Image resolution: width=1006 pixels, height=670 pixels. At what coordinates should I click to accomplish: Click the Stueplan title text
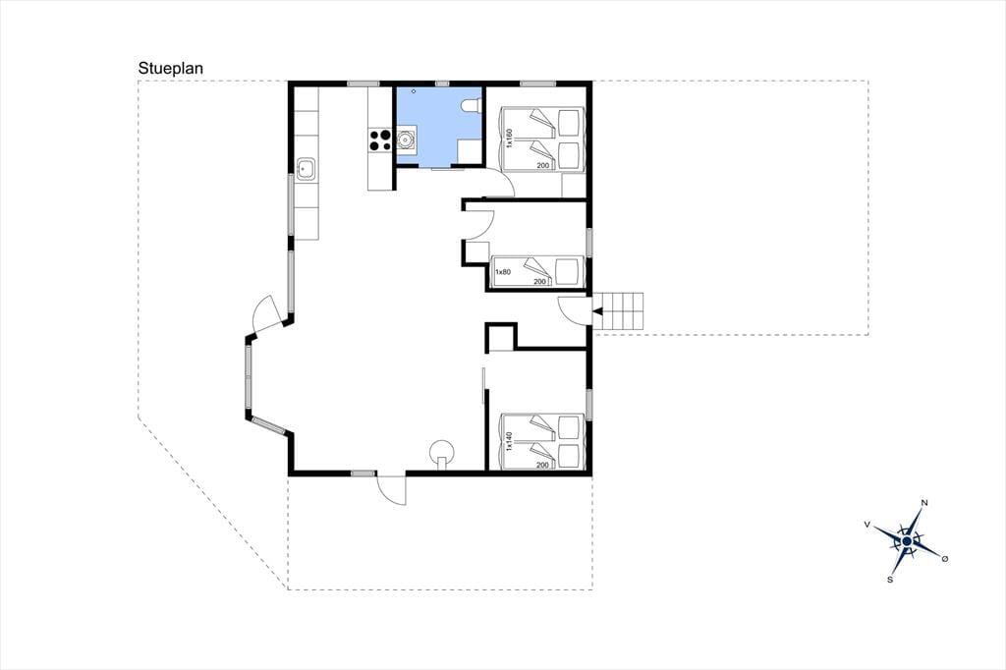click(171, 69)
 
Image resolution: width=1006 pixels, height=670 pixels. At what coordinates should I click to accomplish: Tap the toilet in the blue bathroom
click(472, 106)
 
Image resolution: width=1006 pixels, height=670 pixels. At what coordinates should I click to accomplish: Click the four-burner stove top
click(380, 140)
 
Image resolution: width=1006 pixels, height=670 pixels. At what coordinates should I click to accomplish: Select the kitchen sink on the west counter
click(307, 169)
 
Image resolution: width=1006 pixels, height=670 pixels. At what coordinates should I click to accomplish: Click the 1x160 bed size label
click(510, 139)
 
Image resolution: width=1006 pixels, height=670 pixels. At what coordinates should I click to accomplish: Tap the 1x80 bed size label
click(502, 272)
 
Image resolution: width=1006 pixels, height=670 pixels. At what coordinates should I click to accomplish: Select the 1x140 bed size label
click(510, 441)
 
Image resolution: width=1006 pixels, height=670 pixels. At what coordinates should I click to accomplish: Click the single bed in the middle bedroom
click(537, 271)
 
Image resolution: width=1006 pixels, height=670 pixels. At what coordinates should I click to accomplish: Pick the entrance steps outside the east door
click(617, 311)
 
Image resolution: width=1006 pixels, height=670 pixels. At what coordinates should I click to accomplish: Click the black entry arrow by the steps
click(597, 311)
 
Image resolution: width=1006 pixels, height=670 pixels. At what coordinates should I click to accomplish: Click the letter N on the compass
click(924, 503)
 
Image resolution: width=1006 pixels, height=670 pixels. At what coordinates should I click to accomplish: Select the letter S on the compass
click(890, 580)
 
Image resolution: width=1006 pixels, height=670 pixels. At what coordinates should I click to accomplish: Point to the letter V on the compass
click(867, 525)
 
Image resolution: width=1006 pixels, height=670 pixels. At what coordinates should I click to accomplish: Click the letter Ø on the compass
click(944, 559)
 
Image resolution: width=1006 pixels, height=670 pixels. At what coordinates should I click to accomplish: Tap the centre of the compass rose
click(907, 541)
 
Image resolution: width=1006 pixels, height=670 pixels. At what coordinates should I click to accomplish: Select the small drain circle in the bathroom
click(414, 91)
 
